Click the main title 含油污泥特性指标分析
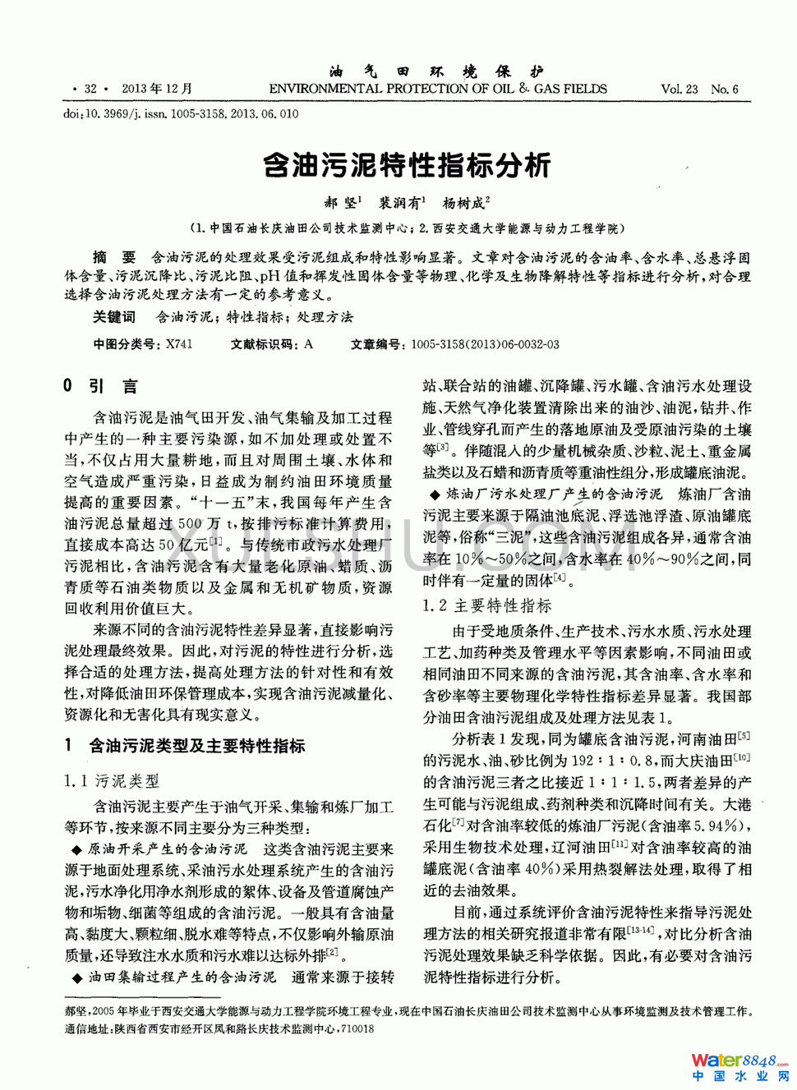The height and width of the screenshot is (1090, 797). click(406, 165)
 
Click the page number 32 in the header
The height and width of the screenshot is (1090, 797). click(90, 89)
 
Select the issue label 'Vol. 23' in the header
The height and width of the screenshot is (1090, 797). click(679, 89)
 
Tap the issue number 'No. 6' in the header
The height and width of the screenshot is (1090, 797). click(725, 89)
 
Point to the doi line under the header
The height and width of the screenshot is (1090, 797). click(181, 114)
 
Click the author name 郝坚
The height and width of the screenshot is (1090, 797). click(341, 202)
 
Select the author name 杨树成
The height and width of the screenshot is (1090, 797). click(464, 202)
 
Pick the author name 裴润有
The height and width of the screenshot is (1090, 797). click(400, 202)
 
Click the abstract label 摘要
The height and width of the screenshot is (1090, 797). click(114, 258)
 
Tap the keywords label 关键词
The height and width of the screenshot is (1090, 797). click(113, 317)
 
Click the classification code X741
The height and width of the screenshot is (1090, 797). click(179, 344)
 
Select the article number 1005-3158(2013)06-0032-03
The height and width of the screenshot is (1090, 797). click(485, 344)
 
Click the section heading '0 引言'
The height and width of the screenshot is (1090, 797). click(100, 386)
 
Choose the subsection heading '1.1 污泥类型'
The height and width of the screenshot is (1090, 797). click(112, 781)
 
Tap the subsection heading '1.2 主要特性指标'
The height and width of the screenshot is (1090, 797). click(487, 606)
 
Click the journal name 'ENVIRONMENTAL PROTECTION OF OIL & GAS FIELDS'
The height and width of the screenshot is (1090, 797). click(438, 89)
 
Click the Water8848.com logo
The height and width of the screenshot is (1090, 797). click(739, 1067)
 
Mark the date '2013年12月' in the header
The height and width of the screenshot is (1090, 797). click(157, 89)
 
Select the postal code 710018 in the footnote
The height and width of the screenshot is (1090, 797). click(357, 1028)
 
